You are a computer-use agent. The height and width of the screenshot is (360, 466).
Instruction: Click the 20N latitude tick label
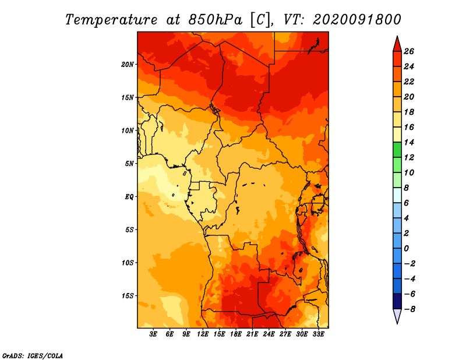coord(128,65)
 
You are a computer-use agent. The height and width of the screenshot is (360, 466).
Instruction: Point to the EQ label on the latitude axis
coord(129,197)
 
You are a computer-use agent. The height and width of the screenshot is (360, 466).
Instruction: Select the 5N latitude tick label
coord(129,164)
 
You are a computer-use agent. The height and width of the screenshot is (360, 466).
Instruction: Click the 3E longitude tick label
coord(153,334)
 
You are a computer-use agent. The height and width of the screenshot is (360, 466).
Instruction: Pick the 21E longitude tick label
coord(252,334)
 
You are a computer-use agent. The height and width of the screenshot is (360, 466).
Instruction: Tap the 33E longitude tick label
coord(318,334)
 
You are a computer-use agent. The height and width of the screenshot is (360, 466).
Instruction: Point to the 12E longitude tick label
coord(203,334)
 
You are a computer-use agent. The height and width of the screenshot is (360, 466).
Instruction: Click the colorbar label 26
coord(409,51)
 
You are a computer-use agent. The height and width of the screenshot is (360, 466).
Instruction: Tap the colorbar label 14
coord(409,142)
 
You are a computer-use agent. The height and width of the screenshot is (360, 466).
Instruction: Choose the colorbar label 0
coord(406,249)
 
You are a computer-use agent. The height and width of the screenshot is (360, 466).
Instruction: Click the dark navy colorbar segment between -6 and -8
coord(397,301)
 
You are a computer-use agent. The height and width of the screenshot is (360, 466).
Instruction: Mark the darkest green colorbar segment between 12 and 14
coord(397,150)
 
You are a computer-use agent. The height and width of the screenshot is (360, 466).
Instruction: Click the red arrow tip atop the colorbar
coord(397,36)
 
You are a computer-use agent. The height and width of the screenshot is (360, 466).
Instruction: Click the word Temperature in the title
coord(111,20)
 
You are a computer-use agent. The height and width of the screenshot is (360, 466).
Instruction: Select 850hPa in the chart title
coord(216,20)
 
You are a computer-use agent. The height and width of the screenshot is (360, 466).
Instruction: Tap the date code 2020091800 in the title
coord(357,20)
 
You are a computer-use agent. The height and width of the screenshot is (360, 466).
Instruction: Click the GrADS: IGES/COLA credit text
coord(33,355)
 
